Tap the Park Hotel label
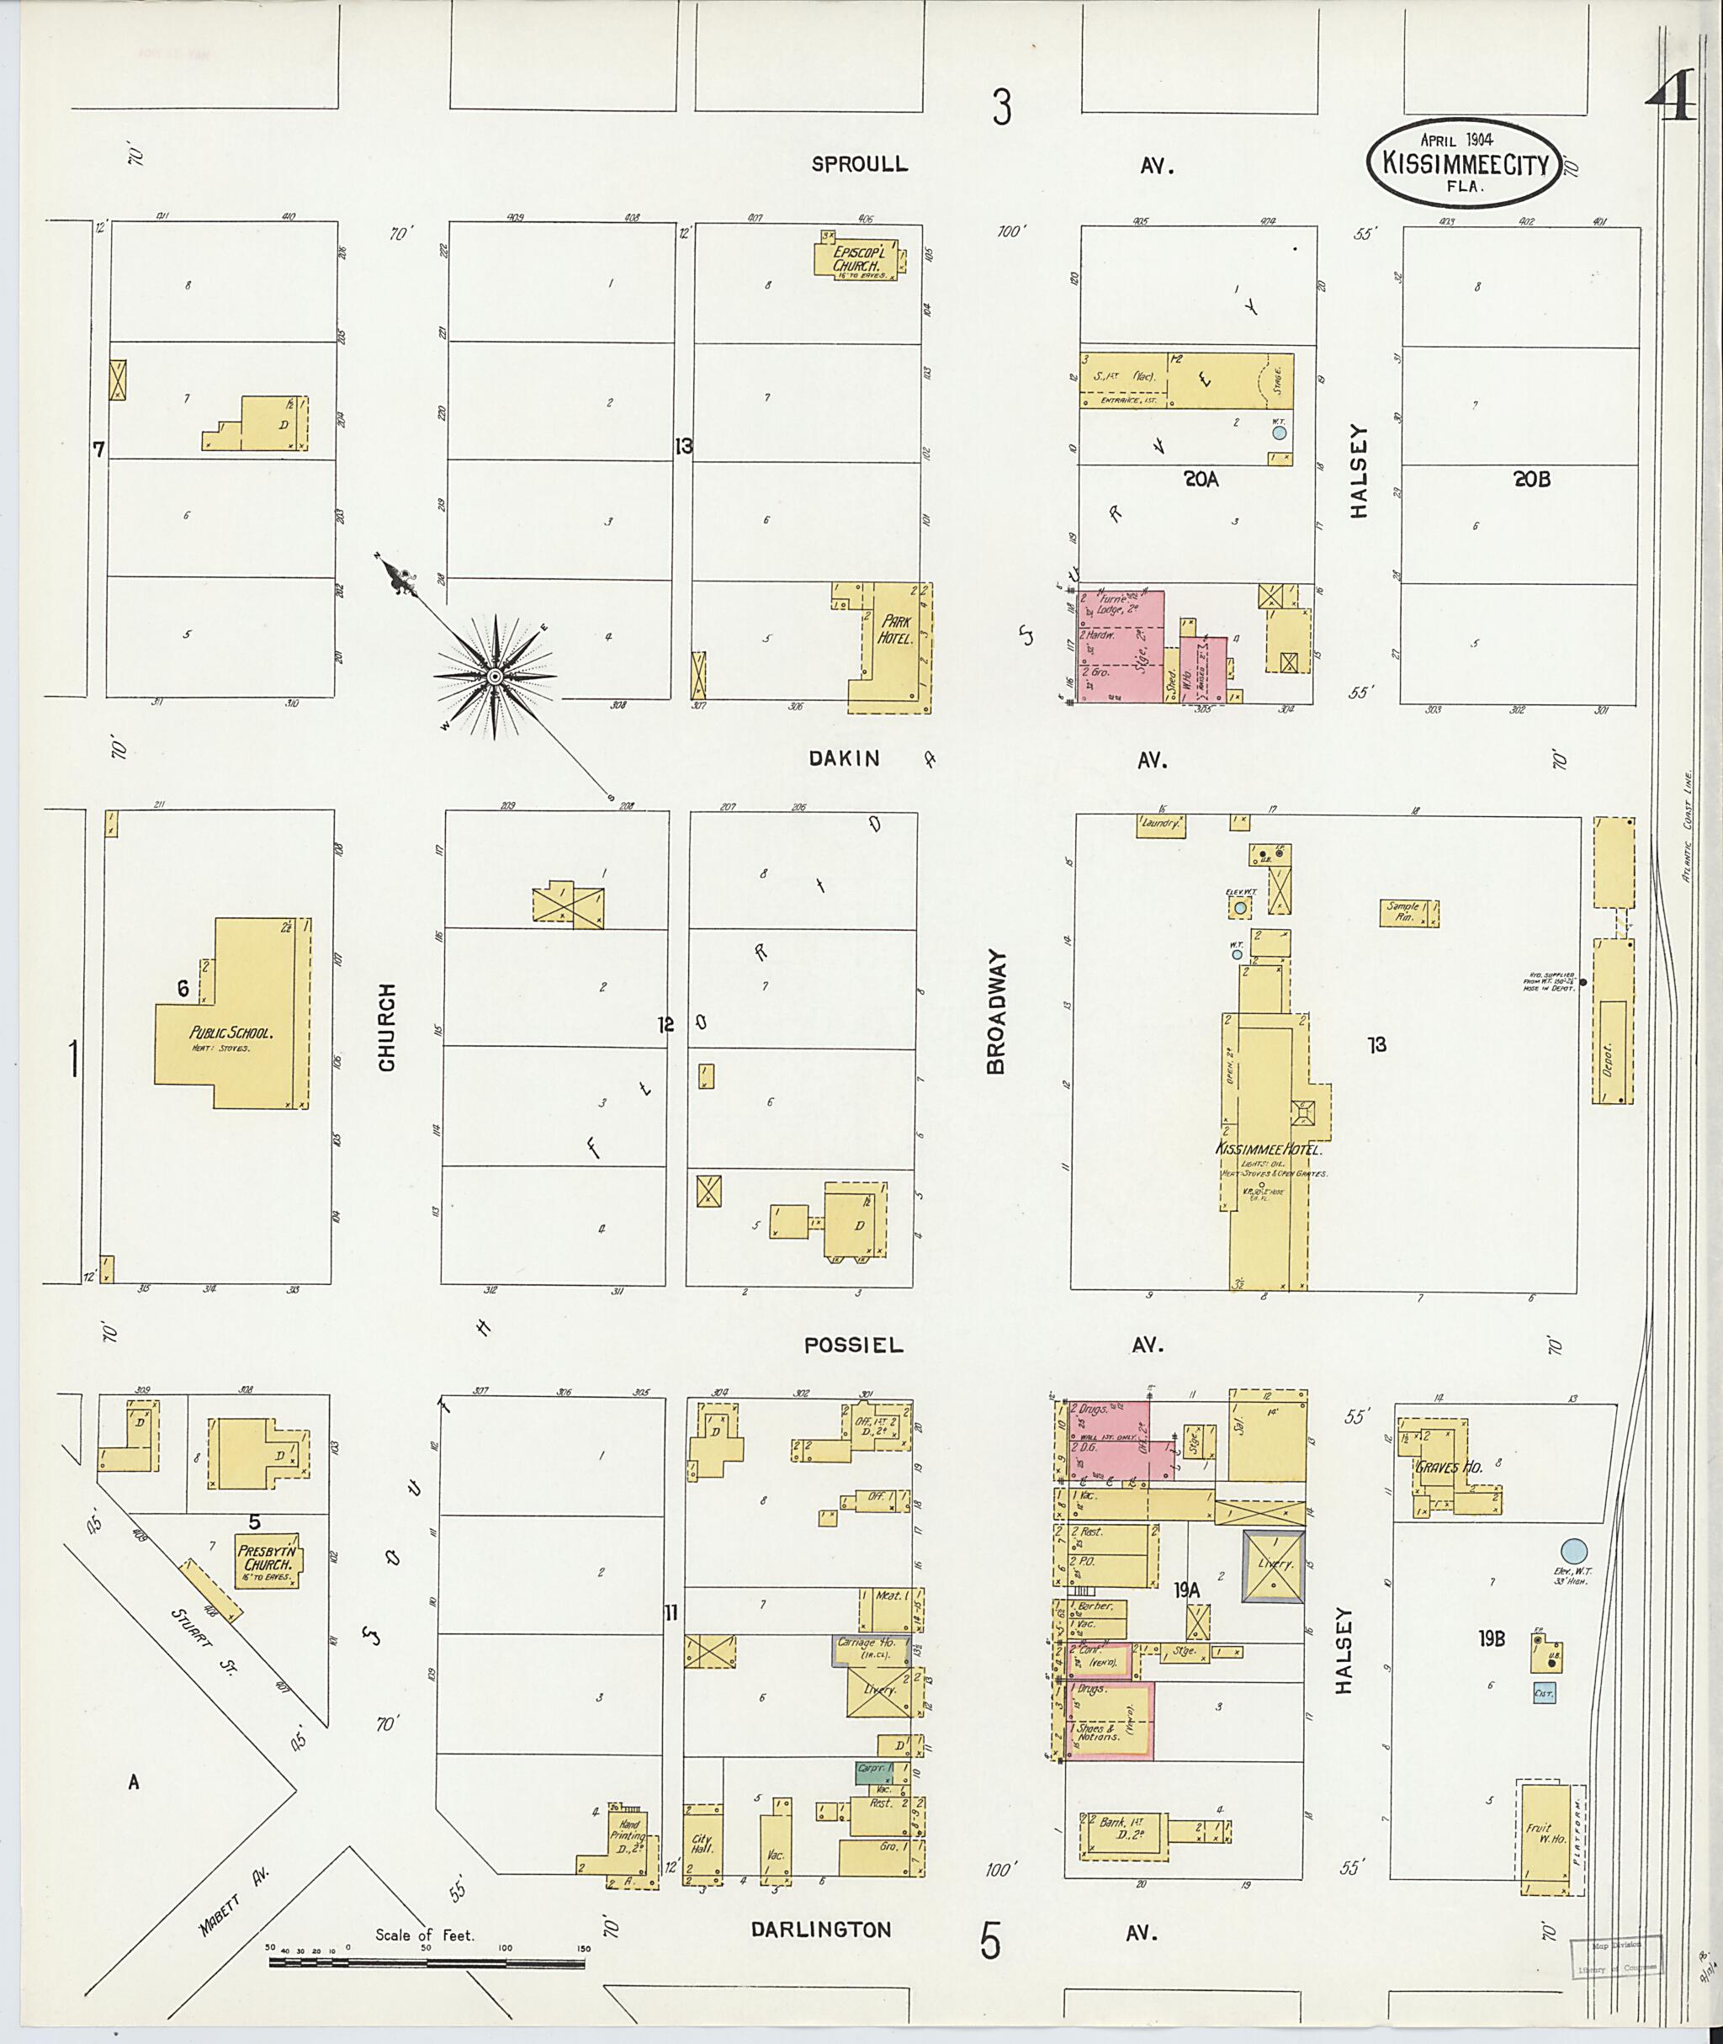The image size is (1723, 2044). point(896,630)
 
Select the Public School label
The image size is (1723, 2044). point(231,1033)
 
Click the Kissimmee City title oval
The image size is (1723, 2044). point(1464,164)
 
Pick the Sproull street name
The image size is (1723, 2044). point(860,164)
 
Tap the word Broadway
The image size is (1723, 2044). point(995,1011)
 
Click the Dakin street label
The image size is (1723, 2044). point(844,758)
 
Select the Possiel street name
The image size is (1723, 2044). point(854,1346)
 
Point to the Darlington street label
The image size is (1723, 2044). point(820,1930)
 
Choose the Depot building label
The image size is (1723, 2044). point(1608,1056)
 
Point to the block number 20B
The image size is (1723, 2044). point(1531,480)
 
